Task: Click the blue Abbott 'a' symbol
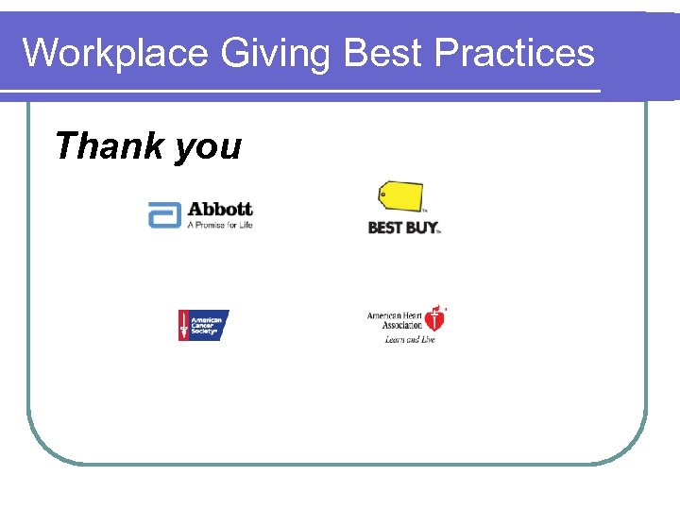point(164,215)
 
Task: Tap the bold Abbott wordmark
point(220,209)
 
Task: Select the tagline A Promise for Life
point(220,225)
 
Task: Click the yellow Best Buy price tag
point(399,196)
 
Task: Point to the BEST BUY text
point(403,228)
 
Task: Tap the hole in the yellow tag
point(382,194)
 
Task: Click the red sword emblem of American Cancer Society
point(185,326)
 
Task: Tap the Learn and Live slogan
point(409,340)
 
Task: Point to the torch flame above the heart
point(435,308)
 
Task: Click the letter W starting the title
point(37,53)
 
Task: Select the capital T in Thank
point(65,146)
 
